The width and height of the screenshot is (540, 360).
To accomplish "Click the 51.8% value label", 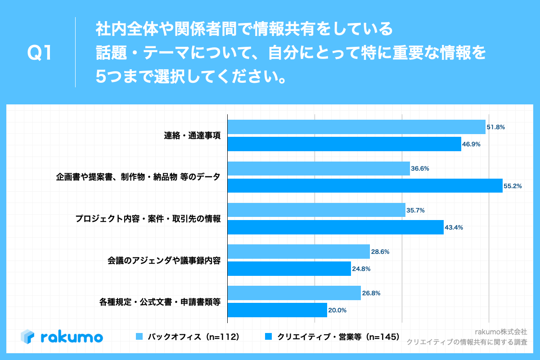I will coord(495,127).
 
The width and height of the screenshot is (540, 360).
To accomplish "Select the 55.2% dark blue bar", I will coord(365,185).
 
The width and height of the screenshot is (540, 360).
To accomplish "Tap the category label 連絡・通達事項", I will coord(192,135).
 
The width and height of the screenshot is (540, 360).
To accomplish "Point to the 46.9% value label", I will coord(471,144).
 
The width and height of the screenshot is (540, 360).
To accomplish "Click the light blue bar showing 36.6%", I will coord(319,168).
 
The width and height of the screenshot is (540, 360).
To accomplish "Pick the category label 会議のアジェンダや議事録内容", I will coord(164,260).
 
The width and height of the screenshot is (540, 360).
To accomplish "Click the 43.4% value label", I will coord(454,227).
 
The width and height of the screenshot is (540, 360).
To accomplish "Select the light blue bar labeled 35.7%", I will coord(316,210).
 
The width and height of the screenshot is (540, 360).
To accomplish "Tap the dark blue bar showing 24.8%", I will coord(289,269).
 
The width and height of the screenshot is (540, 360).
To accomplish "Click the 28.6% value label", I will coord(380,252).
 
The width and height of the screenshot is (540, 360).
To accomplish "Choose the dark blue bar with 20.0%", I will coord(277,310).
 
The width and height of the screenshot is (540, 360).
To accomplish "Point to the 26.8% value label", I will coord(371,293).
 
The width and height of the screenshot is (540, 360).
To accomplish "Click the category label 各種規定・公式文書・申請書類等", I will coord(160,302).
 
